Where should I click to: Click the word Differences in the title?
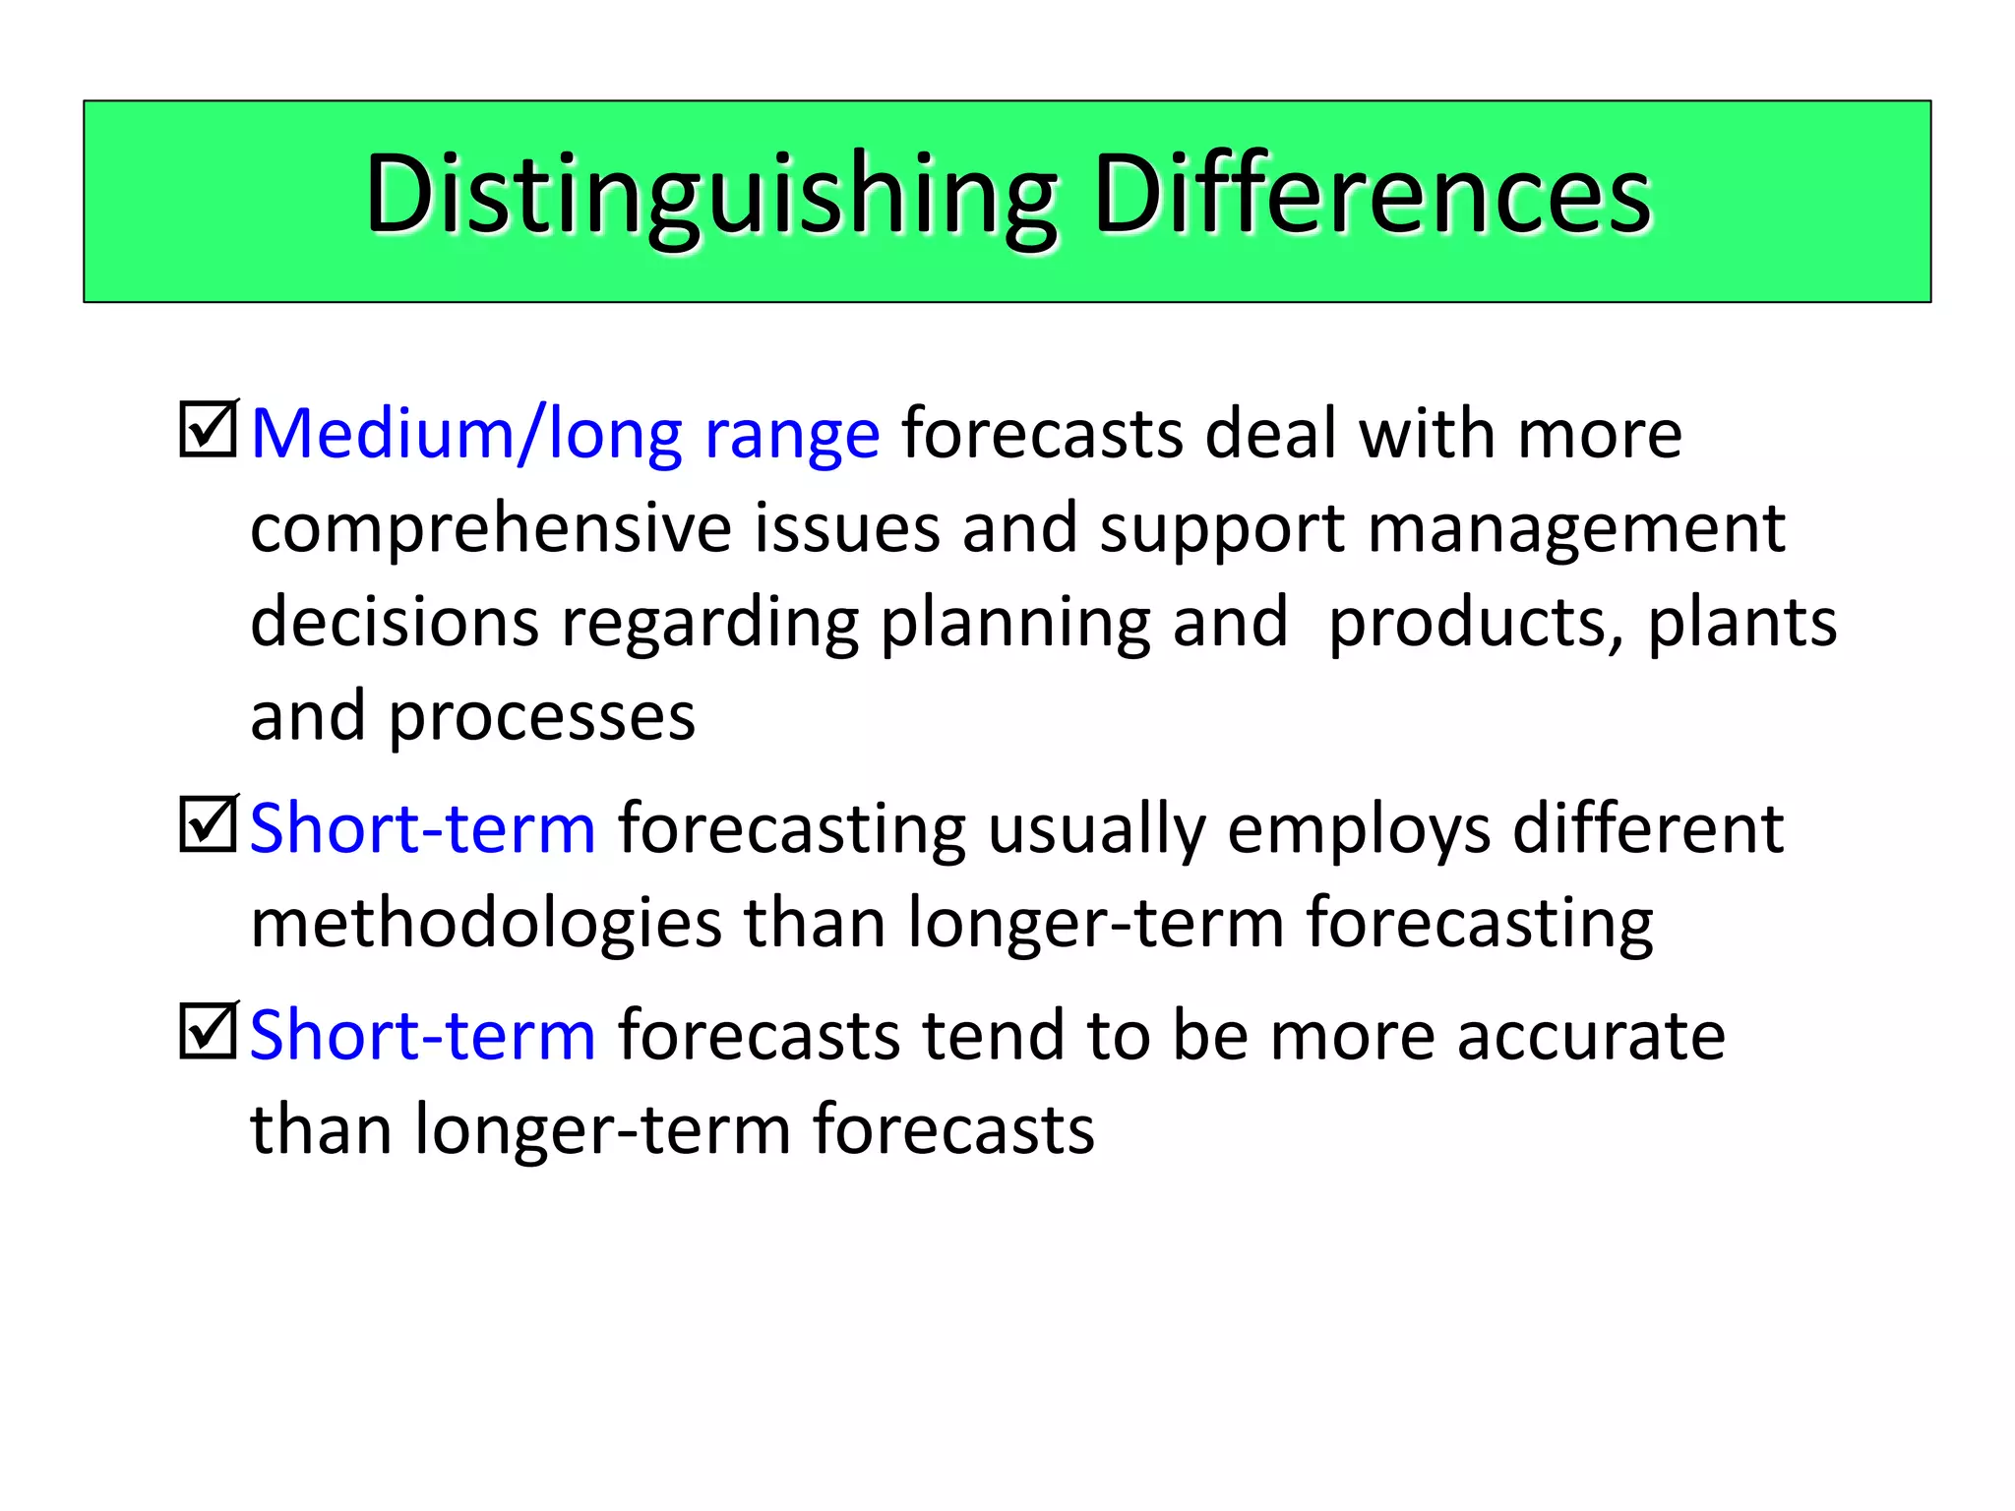(1372, 195)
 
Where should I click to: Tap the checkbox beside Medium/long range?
(208, 430)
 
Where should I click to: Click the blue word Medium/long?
(466, 434)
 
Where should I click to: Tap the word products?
(1477, 625)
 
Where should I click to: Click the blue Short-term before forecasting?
(423, 828)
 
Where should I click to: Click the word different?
(1648, 828)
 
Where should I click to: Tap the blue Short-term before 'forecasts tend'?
(423, 1035)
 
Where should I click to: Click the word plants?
(1741, 625)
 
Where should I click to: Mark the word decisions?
(395, 625)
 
